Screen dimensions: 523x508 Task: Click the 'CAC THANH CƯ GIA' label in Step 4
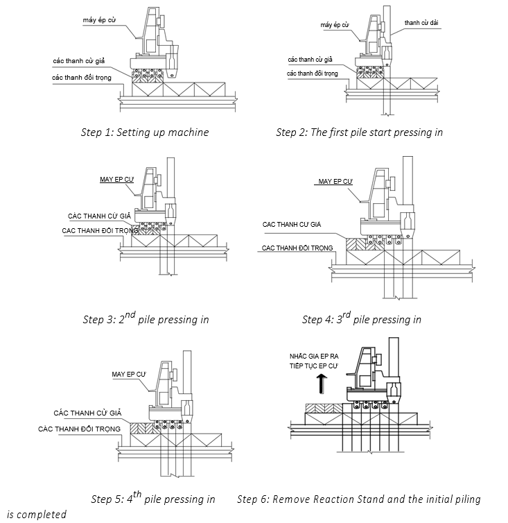point(290,224)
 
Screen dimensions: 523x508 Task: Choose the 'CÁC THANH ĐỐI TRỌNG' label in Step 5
point(79,429)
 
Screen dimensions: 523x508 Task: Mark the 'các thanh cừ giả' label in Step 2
point(311,60)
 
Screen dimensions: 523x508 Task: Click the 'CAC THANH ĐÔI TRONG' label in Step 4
point(296,248)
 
